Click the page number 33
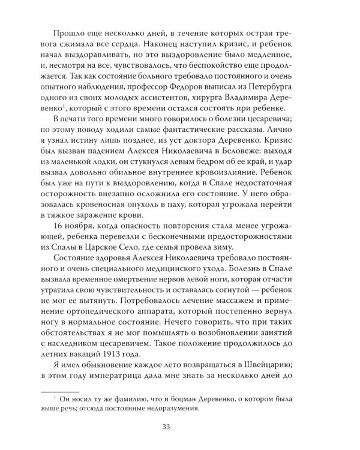[x=179, y=427]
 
